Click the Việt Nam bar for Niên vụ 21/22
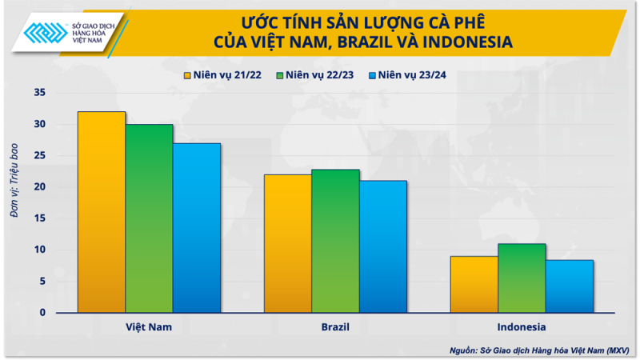tap(102, 212)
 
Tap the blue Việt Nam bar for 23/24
tap(197, 228)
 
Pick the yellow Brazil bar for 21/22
tap(288, 243)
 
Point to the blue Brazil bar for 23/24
tap(383, 246)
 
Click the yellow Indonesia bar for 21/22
tap(474, 284)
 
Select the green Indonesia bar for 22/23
tap(522, 278)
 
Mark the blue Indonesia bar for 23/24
tap(570, 286)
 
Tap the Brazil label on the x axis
tap(335, 327)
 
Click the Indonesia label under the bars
tap(522, 327)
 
